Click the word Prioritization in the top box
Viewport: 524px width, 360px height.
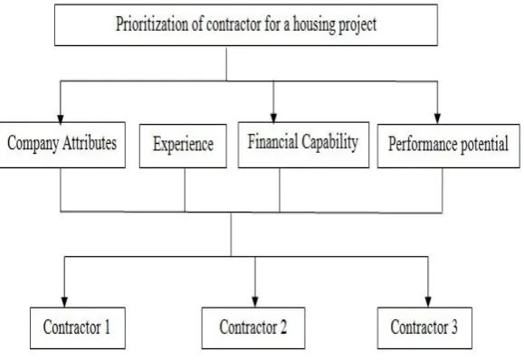pos(152,24)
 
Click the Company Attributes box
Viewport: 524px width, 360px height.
pos(62,145)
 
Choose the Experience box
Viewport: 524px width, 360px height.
pos(183,146)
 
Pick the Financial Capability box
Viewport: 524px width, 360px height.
pos(303,145)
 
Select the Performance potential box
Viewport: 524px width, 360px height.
pos(449,146)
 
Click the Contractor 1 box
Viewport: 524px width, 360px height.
pos(78,328)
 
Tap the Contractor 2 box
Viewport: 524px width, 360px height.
pos(253,328)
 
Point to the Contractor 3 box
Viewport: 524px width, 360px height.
pos(424,328)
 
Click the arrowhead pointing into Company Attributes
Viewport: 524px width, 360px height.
pos(61,118)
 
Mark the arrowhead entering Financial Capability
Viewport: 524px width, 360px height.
pos(273,118)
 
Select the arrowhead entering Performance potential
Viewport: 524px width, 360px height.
pos(437,119)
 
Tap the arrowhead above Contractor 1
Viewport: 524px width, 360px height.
pos(64,302)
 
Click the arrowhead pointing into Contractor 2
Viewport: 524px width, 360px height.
pos(255,302)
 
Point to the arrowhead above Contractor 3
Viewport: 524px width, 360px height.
pos(428,302)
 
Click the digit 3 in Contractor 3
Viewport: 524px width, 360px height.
pos(454,327)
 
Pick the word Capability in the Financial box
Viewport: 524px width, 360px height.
pos(329,142)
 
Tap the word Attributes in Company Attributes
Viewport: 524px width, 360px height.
pos(90,143)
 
